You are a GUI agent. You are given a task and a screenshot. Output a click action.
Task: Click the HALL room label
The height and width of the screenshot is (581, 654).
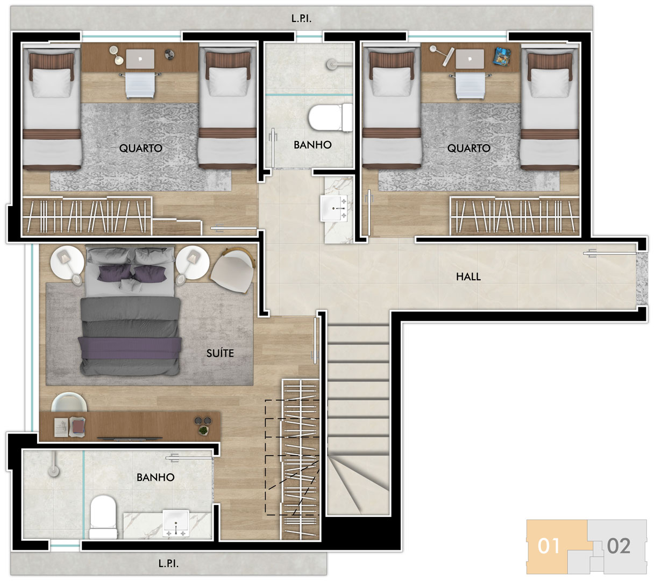[468, 277]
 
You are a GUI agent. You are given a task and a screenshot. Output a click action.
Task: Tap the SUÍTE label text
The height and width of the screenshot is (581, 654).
[220, 353]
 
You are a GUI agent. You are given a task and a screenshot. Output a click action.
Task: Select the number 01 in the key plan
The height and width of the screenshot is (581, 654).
[549, 545]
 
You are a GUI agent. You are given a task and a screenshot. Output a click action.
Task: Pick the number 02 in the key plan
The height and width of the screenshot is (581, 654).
[619, 545]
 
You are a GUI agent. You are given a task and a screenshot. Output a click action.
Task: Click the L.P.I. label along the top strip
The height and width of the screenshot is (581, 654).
[301, 18]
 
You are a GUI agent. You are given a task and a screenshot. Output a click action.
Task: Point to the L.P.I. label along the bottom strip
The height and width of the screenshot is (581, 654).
[168, 564]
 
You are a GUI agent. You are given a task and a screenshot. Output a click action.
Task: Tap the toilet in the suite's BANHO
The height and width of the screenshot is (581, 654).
[103, 517]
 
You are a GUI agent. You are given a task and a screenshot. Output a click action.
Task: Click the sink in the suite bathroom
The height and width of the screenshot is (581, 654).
[176, 523]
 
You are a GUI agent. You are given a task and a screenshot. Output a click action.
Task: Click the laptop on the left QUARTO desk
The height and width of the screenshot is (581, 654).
[140, 59]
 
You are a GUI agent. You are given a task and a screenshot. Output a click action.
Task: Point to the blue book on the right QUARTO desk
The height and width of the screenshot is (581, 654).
[502, 56]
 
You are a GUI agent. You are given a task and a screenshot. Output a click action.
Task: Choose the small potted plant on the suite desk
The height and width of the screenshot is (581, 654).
[203, 430]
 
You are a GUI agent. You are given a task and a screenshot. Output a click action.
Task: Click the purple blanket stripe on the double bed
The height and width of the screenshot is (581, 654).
[130, 348]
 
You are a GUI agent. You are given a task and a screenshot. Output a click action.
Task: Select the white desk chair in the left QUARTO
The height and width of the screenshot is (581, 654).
[140, 84]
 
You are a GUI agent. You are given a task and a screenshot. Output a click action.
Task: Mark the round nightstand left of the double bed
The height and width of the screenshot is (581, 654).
[67, 263]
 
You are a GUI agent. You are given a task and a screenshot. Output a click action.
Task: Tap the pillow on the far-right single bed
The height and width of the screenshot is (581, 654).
[550, 82]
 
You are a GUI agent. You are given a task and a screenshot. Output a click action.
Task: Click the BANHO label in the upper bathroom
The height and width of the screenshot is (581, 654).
[312, 145]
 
